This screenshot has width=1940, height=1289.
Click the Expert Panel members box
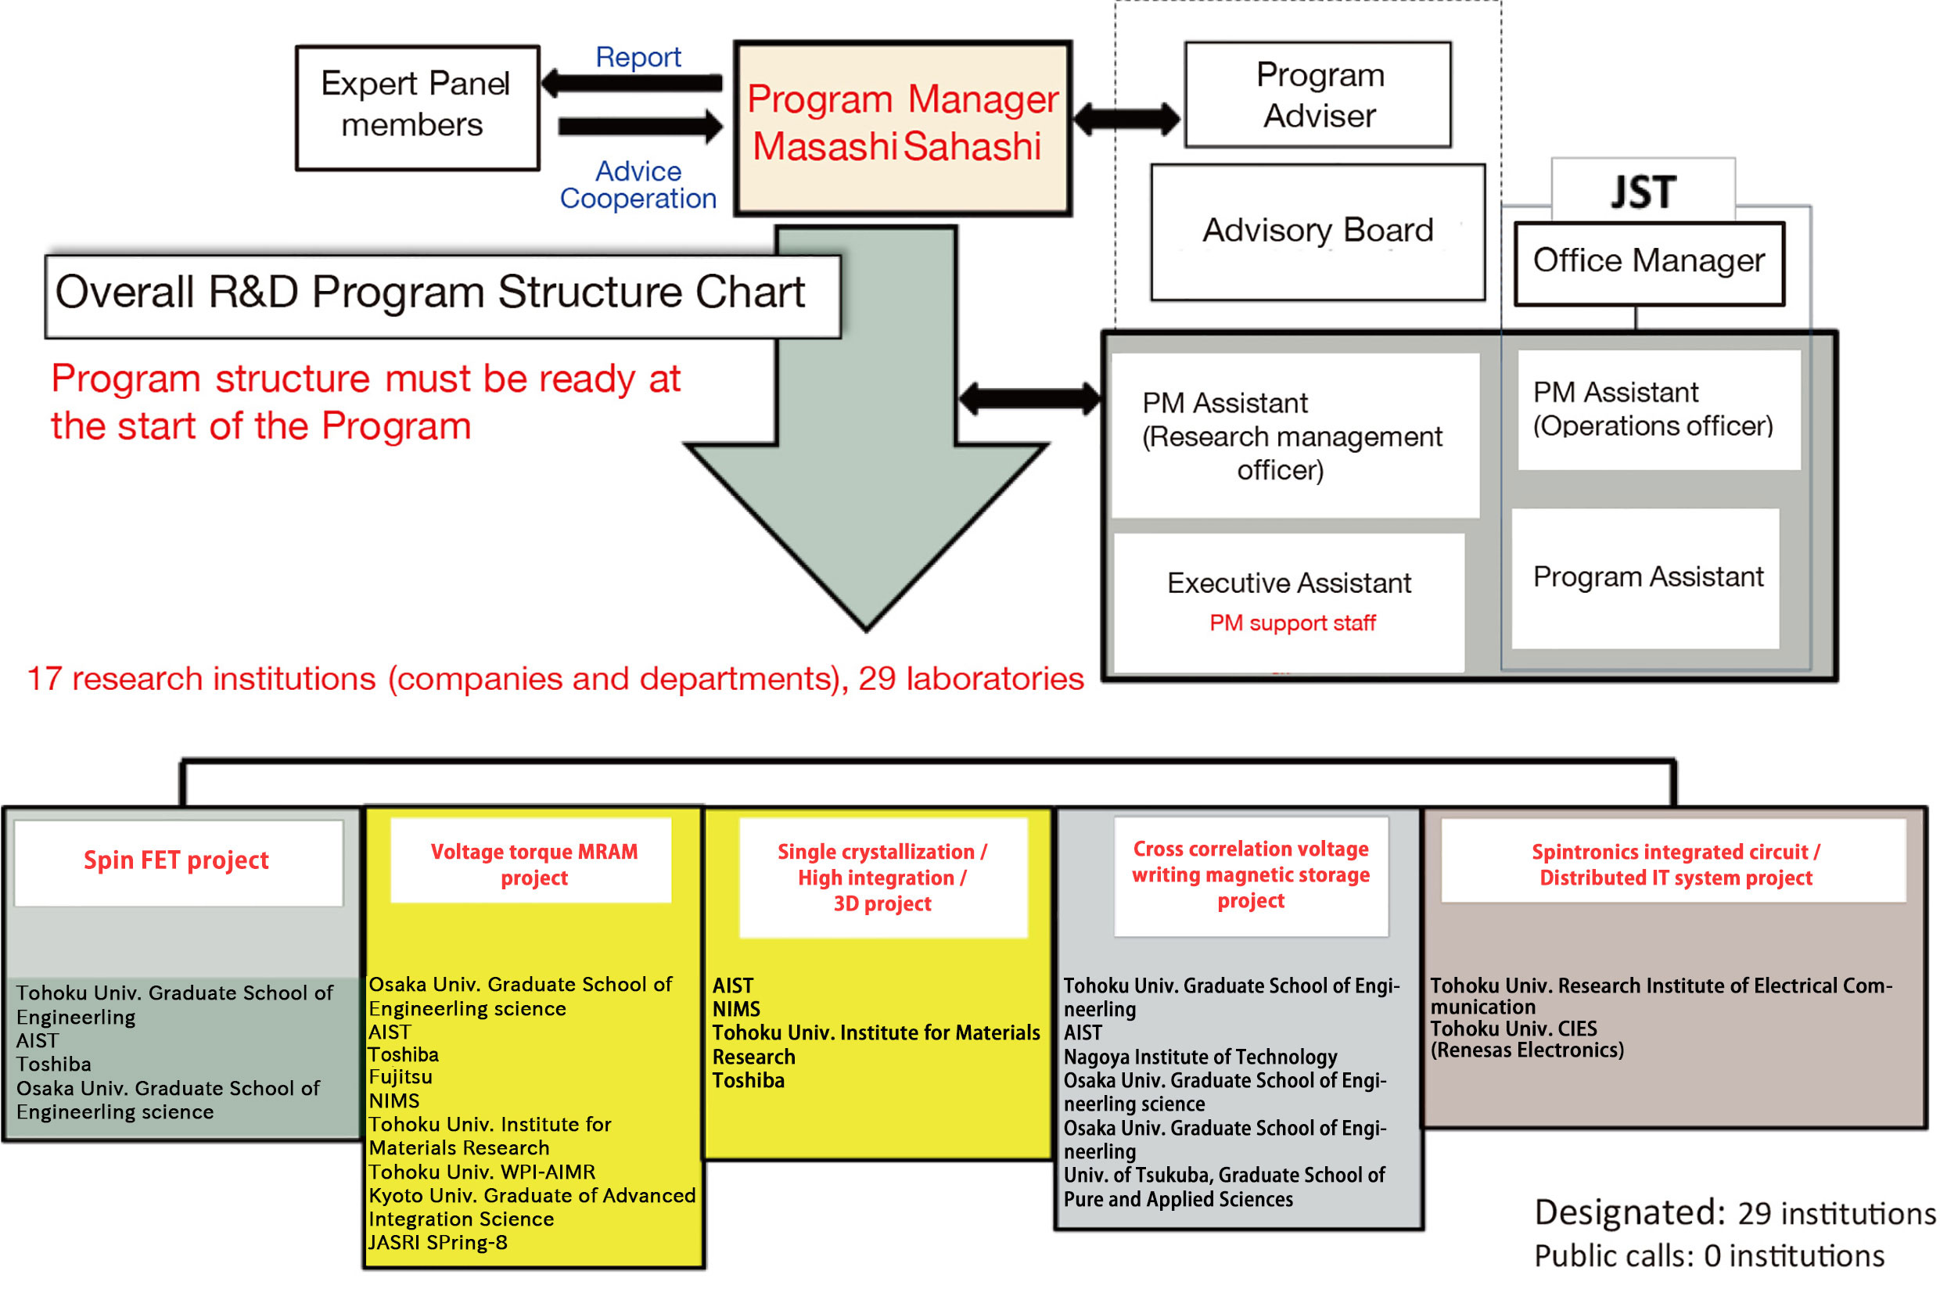(418, 108)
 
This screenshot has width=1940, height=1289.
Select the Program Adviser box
(1318, 95)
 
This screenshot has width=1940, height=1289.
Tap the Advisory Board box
(1318, 232)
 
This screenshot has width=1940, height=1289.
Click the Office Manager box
(1649, 263)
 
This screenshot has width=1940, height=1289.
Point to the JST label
(1644, 192)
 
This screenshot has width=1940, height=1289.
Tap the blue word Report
(638, 57)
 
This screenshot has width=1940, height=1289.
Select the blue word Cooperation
(638, 198)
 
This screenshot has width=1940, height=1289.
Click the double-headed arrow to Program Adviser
(1126, 119)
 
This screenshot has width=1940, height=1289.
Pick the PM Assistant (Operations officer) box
(1658, 410)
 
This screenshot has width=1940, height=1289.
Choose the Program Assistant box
(1645, 578)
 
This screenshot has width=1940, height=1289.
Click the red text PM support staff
(1292, 623)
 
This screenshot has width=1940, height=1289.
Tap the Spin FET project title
(176, 860)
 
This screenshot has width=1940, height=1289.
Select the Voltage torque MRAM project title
(533, 864)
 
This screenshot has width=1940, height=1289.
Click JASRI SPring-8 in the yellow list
(437, 1242)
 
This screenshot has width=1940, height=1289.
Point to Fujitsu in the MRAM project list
(401, 1077)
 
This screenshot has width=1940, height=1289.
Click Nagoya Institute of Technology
(1200, 1057)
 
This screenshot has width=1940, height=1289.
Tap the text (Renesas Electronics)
(1526, 1050)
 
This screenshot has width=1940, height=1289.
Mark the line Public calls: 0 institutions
(1709, 1255)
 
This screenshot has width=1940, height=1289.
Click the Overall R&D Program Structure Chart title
(430, 293)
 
